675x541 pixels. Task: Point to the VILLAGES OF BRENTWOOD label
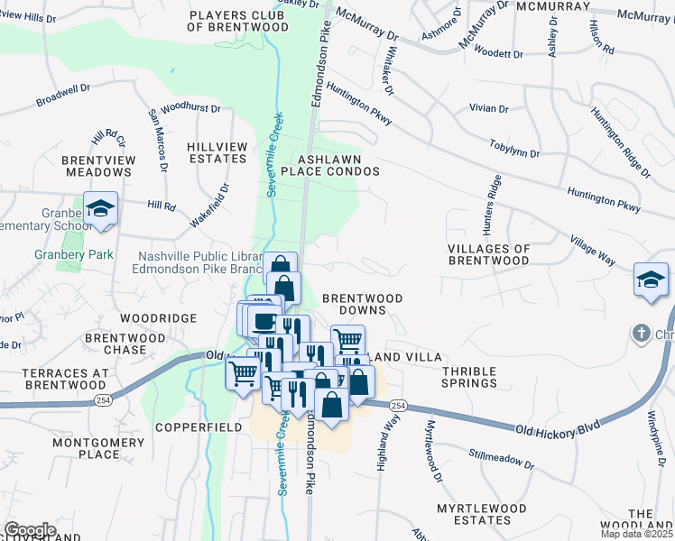488,253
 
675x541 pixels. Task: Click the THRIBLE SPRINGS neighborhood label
468,376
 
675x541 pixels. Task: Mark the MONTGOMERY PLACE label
99,448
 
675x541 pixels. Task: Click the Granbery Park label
74,254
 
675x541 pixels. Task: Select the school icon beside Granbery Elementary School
100,209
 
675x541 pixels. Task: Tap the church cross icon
641,333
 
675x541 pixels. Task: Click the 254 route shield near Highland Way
399,406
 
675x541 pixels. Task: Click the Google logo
30,530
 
